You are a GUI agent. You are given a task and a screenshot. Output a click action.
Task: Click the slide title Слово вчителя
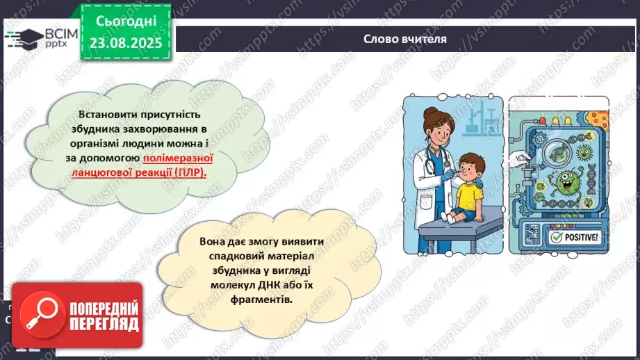tap(404, 39)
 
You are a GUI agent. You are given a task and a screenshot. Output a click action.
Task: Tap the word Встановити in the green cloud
tap(104, 113)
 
